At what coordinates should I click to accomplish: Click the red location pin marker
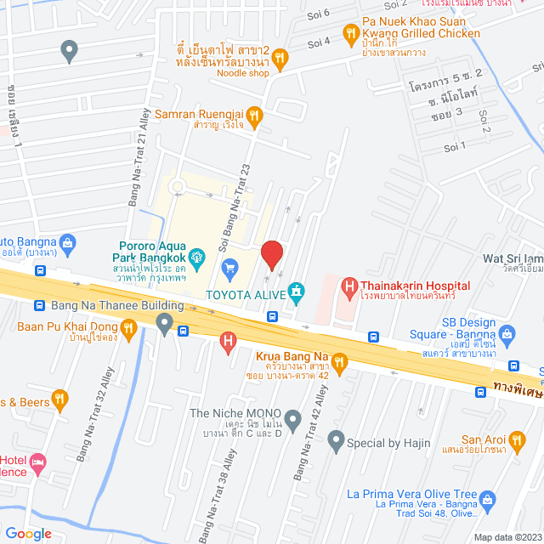pyautogui.click(x=271, y=255)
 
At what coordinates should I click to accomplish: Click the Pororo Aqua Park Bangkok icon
pyautogui.click(x=197, y=255)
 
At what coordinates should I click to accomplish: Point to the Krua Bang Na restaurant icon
pyautogui.click(x=339, y=363)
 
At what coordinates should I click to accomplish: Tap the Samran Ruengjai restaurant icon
pyautogui.click(x=255, y=114)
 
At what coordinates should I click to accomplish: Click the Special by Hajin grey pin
pyautogui.click(x=335, y=442)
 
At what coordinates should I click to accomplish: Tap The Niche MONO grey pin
pyautogui.click(x=292, y=418)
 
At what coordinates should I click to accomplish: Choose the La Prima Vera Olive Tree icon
pyautogui.click(x=487, y=500)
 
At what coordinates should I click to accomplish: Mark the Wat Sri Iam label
pyautogui.click(x=511, y=258)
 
